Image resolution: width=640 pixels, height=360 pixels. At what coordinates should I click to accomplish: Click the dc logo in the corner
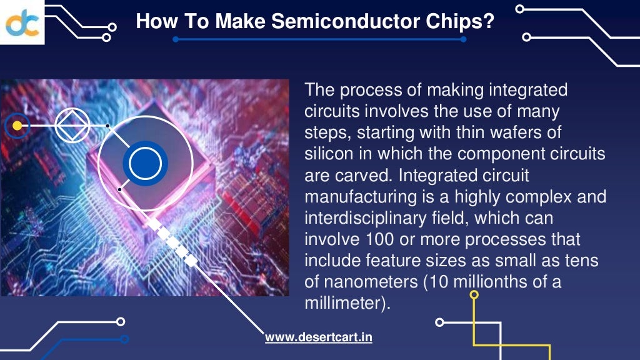(22, 22)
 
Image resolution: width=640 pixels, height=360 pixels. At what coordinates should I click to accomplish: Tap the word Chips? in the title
(463, 22)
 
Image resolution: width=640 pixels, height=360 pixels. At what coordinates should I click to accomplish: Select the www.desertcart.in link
(319, 337)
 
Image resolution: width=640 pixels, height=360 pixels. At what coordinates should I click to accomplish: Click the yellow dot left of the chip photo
(17, 126)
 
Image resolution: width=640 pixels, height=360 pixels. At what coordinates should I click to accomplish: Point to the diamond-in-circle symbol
(72, 126)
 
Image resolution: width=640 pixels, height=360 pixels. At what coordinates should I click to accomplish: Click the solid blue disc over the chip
(145, 164)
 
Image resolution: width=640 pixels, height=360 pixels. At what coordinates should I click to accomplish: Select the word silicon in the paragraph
(328, 154)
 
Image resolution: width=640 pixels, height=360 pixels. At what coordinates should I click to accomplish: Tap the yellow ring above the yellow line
(474, 294)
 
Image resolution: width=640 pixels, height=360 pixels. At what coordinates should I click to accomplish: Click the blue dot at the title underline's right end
(463, 39)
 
